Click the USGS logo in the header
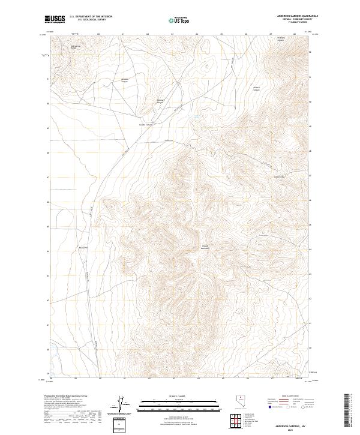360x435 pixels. [x=55, y=19]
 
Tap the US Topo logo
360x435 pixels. [x=180, y=20]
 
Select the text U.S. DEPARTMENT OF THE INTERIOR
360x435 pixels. [x=91, y=17]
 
